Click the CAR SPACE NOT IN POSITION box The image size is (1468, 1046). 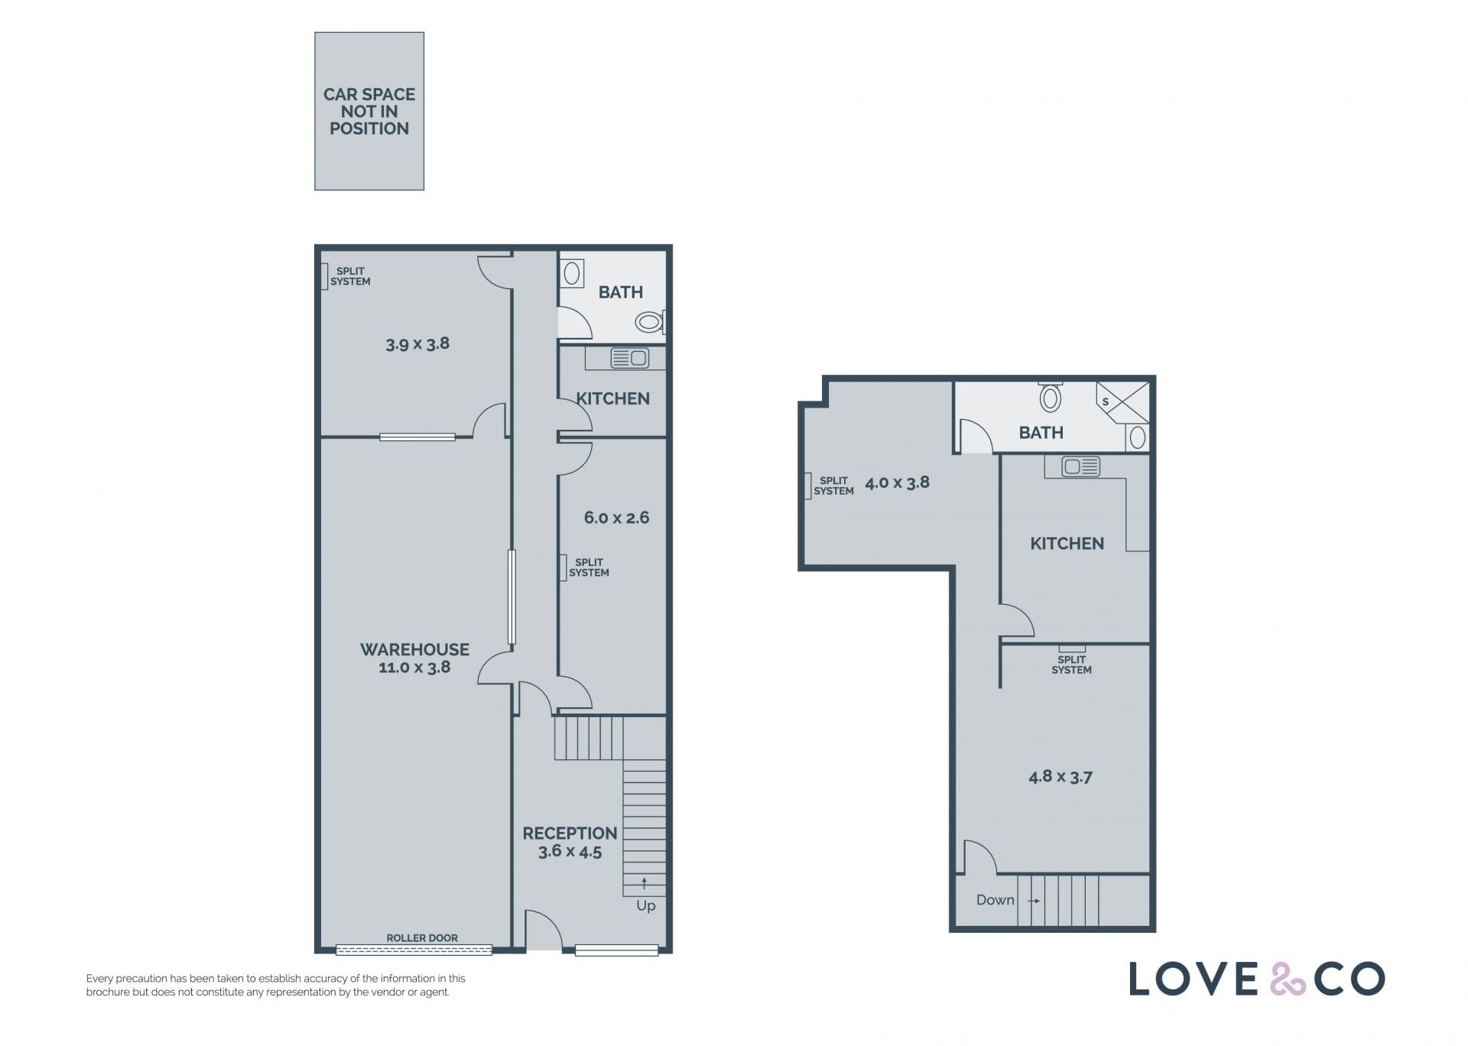click(x=369, y=111)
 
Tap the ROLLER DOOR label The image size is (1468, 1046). click(x=422, y=938)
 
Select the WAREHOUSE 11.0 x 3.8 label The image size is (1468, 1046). click(x=415, y=658)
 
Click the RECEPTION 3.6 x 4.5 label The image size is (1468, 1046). click(x=570, y=842)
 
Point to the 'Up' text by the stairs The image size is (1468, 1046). click(x=646, y=906)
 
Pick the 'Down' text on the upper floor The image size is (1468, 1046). click(x=995, y=900)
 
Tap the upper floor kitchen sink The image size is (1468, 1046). click(x=1081, y=466)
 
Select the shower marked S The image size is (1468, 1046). click(x=1122, y=401)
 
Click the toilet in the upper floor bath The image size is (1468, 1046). click(x=1051, y=396)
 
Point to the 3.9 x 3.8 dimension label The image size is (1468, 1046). click(x=417, y=344)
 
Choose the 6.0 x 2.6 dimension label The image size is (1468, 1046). click(x=616, y=518)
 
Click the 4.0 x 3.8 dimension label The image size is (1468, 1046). click(x=897, y=482)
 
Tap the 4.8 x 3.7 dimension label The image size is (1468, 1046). click(x=1060, y=777)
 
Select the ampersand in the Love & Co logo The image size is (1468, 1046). click(x=1288, y=979)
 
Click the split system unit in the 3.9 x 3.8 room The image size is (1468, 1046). click(x=324, y=276)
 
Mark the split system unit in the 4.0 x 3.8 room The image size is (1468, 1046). click(x=808, y=486)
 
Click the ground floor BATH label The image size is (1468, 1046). click(x=621, y=292)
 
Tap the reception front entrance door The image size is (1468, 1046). click(x=544, y=929)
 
